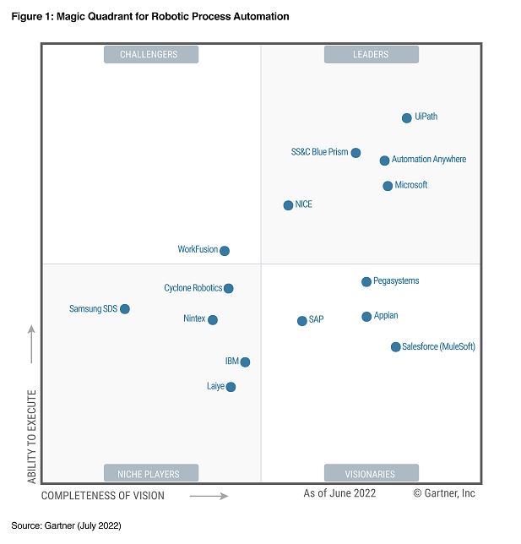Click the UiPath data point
pos(407,118)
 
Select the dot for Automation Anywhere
pos(384,160)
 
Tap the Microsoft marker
pos(388,186)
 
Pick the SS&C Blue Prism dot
pos(355,153)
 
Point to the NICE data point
pos(288,205)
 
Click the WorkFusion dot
pos(225,251)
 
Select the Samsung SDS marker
pos(125,309)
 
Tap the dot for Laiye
pos(231,387)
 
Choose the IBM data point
pos(245,362)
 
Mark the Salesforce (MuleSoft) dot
pos(395,347)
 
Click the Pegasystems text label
pos(396,281)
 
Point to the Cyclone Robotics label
pos(193,288)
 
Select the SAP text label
pos(316,320)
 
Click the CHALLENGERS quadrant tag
pos(151,55)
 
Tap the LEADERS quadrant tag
pos(371,55)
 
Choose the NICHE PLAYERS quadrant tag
pos(151,473)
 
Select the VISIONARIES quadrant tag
pos(371,473)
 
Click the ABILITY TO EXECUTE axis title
pos(32,436)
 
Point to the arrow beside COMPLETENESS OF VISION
pos(209,496)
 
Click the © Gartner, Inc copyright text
pos(444,493)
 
